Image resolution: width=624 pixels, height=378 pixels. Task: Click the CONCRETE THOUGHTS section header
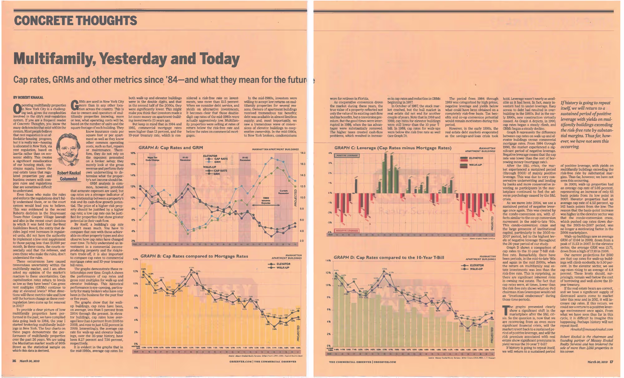tap(75, 21)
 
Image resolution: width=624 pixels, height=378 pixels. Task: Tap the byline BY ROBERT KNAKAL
tap(28, 98)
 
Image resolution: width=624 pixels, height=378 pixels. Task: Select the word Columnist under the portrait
tap(68, 179)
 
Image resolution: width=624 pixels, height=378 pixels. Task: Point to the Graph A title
tap(171, 148)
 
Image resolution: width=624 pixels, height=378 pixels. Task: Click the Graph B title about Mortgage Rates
tap(194, 256)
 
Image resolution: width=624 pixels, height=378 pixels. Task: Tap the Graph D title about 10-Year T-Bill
tap(389, 258)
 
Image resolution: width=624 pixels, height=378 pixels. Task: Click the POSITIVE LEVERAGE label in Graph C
tap(347, 155)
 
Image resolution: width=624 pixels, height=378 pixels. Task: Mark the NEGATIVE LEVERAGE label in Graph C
tap(347, 231)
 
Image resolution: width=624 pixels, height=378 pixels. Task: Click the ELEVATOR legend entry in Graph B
tap(283, 264)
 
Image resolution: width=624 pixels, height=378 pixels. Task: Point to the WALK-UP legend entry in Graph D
tap(476, 269)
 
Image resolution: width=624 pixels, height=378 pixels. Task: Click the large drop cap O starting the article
tap(17, 109)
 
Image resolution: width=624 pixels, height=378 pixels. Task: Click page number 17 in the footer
tap(611, 362)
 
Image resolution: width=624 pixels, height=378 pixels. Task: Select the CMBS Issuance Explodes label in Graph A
tap(266, 201)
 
